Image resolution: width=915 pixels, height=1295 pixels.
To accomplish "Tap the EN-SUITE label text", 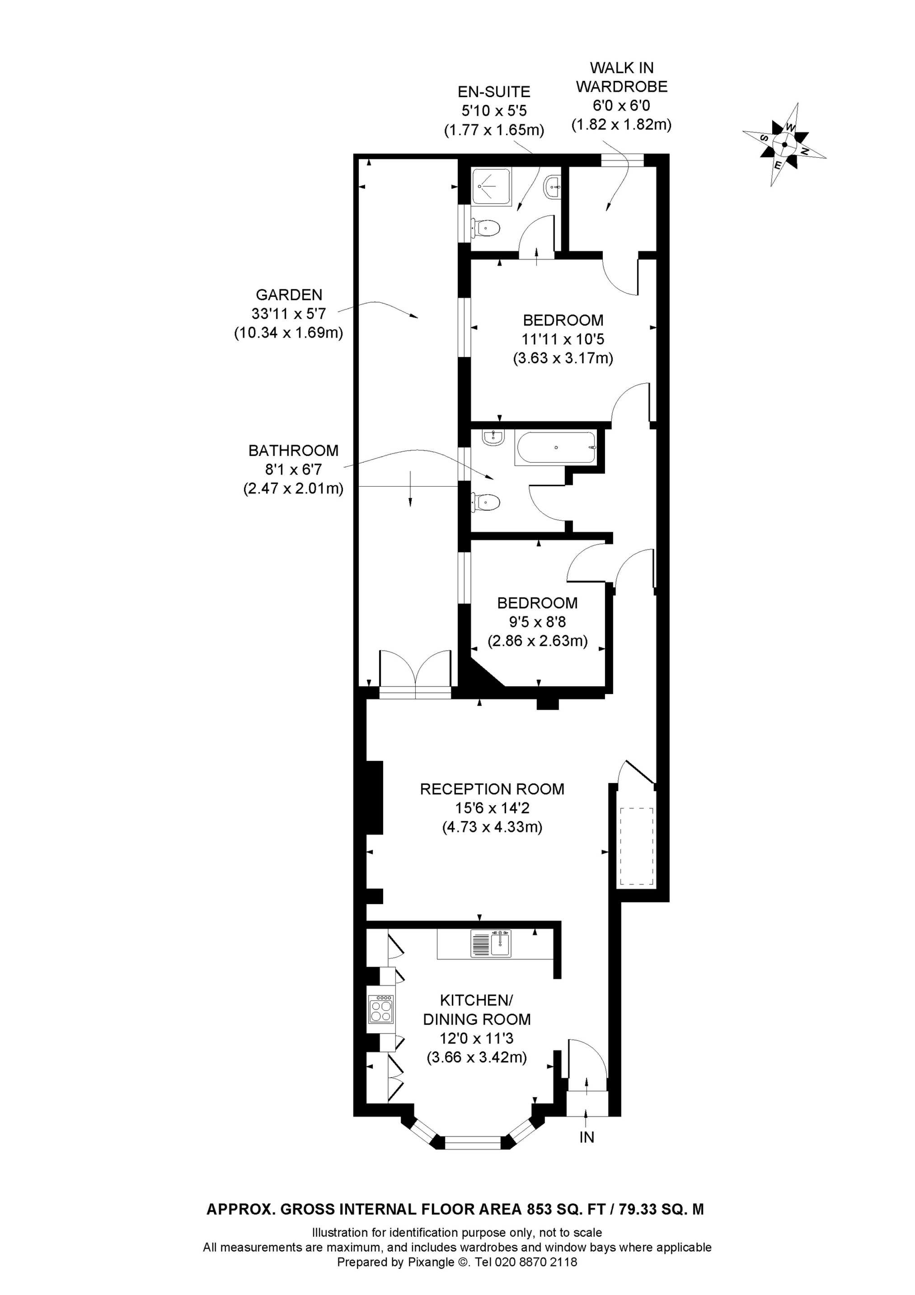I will click(x=493, y=91).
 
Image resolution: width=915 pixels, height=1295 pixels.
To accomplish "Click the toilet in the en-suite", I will click(x=486, y=229).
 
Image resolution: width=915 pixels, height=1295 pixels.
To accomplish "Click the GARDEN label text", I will click(x=289, y=295).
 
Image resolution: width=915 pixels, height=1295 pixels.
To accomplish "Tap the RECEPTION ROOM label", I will click(x=492, y=789).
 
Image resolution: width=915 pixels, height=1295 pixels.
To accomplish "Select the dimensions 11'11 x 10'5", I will click(x=563, y=339).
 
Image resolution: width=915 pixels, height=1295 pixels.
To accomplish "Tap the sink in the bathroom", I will click(x=493, y=437).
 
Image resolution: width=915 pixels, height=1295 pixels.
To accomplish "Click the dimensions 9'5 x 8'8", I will click(x=537, y=622).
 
